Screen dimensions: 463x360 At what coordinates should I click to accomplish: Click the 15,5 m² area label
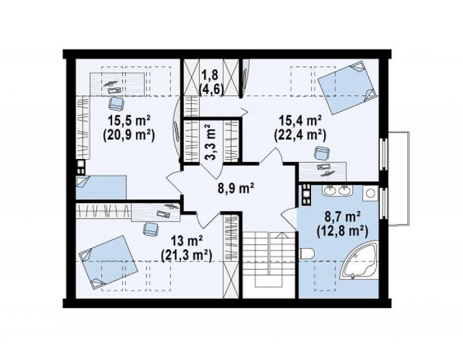pyautogui.click(x=130, y=121)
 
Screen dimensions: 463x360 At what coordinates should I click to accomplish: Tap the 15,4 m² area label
pyautogui.click(x=300, y=121)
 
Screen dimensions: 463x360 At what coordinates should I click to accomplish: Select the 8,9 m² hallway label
pyautogui.click(x=237, y=188)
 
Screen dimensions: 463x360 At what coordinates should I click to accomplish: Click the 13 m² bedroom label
pyautogui.click(x=186, y=242)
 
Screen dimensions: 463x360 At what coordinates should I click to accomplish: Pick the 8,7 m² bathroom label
pyautogui.click(x=342, y=217)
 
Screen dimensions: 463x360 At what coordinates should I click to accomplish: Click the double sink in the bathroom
pyautogui.click(x=337, y=190)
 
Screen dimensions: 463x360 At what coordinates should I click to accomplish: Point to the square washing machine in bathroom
pyautogui.click(x=370, y=193)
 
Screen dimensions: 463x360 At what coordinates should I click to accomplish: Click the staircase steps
pyautogui.click(x=269, y=259)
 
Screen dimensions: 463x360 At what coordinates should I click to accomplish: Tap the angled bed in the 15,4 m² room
pyautogui.click(x=347, y=88)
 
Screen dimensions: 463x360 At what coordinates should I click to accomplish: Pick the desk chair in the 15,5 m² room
pyautogui.click(x=116, y=103)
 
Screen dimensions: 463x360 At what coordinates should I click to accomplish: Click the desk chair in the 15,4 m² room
pyautogui.click(x=322, y=153)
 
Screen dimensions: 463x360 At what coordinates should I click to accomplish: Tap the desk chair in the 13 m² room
pyautogui.click(x=151, y=229)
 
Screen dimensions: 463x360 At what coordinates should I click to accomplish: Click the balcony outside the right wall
pyautogui.click(x=399, y=179)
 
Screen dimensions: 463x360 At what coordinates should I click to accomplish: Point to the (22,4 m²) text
pyautogui.click(x=300, y=135)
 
